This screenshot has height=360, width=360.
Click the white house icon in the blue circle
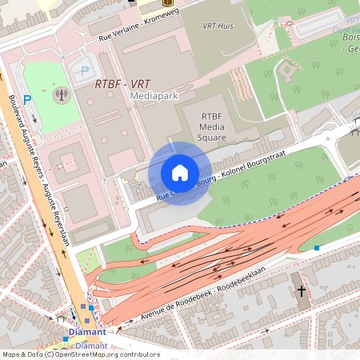click(x=179, y=173)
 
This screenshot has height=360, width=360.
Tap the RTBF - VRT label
click(x=122, y=82)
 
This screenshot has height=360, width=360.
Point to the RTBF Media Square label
click(x=212, y=126)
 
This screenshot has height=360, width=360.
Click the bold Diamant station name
click(x=86, y=331)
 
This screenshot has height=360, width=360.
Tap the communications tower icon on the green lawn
click(x=61, y=95)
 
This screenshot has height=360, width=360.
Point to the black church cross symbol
click(x=302, y=291)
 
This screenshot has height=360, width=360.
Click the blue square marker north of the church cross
click(x=317, y=248)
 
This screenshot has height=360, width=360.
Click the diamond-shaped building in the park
click(x=286, y=72)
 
